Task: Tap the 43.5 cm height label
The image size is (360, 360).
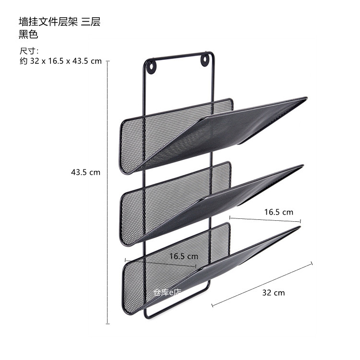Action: pos(85,172)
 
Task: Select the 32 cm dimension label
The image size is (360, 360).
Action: pos(273,292)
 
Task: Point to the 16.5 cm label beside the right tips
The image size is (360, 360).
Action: pos(278,212)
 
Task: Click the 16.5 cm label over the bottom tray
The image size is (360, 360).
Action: pos(183,256)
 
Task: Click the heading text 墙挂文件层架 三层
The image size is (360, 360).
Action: pos(59,22)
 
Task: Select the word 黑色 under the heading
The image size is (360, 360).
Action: pos(28,34)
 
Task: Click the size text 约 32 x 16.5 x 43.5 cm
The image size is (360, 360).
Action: pos(60,61)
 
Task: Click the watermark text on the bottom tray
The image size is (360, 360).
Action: pos(166,292)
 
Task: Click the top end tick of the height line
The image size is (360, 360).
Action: pos(107,61)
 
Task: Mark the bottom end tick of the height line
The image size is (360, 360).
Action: pos(107,324)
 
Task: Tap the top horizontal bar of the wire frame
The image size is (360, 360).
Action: pos(179,55)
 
